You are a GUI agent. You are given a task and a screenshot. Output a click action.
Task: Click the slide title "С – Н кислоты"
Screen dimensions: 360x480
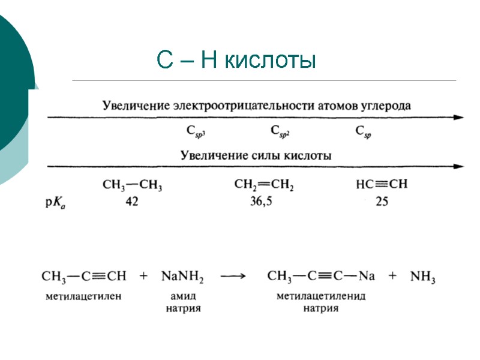coord(235,60)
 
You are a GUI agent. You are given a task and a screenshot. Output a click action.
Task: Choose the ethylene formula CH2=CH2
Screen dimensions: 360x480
coord(263,187)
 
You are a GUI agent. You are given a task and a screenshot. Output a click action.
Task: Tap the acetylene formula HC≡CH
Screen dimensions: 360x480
coord(382,185)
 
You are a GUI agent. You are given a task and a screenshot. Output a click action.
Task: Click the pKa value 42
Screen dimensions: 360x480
coord(131,202)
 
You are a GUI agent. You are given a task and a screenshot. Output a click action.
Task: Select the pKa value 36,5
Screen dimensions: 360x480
coord(261,202)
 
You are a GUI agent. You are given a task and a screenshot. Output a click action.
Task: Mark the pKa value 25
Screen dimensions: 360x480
coord(382,202)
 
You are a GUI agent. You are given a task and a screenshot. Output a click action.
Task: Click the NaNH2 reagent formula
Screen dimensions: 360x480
coord(182,277)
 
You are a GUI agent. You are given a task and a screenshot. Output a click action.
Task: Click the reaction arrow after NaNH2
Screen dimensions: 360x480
coord(233,276)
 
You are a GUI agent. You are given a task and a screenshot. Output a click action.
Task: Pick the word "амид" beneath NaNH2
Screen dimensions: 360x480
coord(183,296)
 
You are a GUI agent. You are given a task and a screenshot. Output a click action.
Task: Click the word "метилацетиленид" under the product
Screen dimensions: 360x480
coord(321,296)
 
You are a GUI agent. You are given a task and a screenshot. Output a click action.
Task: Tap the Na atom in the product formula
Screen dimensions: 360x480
coord(367,276)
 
